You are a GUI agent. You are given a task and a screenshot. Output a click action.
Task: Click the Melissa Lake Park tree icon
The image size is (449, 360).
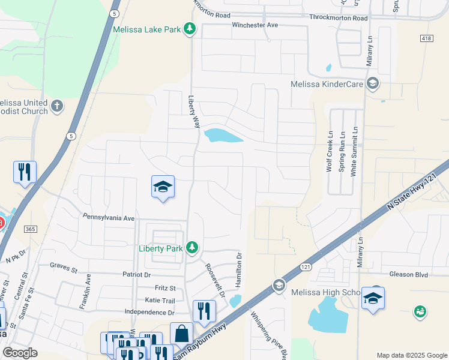tap(190, 28)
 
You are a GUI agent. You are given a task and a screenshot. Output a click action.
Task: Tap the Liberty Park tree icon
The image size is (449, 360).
tap(192, 247)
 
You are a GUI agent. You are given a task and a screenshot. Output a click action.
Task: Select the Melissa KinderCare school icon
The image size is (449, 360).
tap(373, 83)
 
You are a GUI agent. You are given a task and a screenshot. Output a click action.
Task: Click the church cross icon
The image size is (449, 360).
tap(57, 106)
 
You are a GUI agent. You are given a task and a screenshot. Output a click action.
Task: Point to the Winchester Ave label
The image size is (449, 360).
tap(255, 25)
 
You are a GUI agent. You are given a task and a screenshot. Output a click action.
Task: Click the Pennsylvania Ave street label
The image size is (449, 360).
tap(109, 217)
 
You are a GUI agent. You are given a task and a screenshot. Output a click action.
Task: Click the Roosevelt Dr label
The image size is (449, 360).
tap(215, 281)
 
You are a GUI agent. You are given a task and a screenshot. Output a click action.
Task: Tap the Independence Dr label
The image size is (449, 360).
tap(149, 312)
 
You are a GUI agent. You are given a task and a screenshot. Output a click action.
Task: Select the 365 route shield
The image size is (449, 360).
tap(31, 229)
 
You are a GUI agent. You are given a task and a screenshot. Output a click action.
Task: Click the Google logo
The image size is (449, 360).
tap(20, 353)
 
